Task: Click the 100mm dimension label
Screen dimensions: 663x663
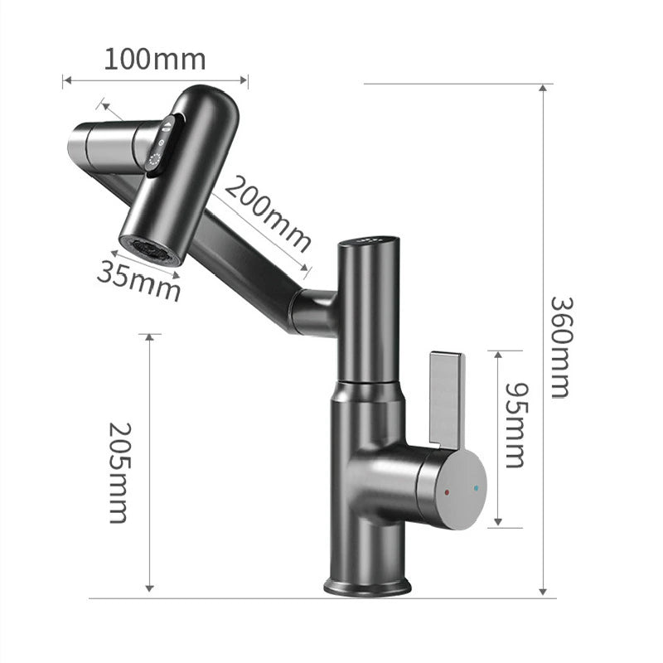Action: [155, 60]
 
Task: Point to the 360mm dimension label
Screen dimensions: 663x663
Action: [560, 346]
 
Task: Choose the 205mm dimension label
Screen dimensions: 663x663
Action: [120, 472]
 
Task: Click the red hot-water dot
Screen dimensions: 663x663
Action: [448, 491]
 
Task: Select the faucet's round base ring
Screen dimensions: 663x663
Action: [367, 587]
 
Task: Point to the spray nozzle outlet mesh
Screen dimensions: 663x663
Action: [149, 249]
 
